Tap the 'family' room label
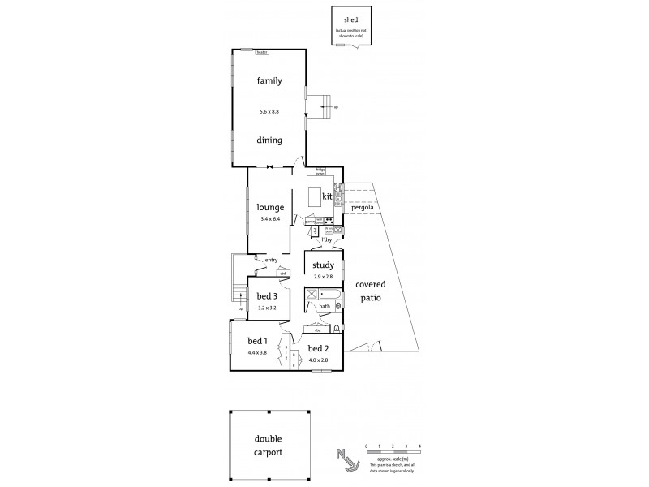269,80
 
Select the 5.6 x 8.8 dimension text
269,111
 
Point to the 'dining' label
269,140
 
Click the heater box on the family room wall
262,52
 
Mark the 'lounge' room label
269,206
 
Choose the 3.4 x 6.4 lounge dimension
269,220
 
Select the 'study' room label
324,265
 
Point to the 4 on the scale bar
419,446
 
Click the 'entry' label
270,260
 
